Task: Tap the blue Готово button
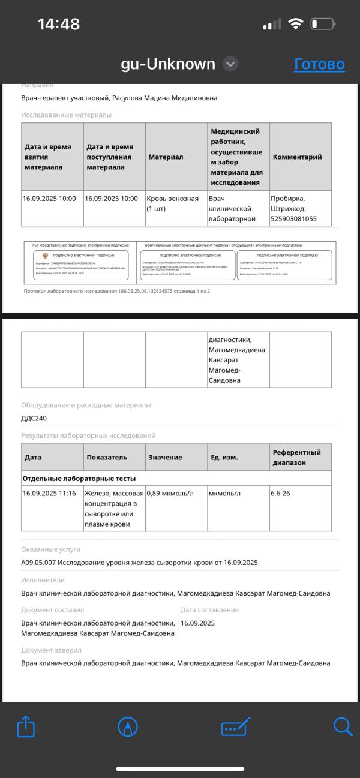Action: click(319, 64)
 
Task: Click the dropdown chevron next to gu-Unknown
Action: click(230, 64)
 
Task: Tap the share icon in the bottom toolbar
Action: click(26, 727)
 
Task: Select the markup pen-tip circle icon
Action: click(128, 727)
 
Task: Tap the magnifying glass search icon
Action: click(343, 726)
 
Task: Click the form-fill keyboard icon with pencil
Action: click(235, 727)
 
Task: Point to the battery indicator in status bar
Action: click(322, 25)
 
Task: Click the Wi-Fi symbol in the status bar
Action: click(295, 24)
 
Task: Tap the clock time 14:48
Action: click(59, 24)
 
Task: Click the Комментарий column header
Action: click(297, 157)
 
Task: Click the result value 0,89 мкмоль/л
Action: click(170, 494)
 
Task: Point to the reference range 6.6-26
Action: click(283, 494)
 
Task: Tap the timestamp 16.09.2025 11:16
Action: click(49, 494)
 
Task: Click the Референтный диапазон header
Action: click(296, 457)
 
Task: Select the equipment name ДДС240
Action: click(34, 419)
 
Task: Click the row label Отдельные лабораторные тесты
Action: click(79, 479)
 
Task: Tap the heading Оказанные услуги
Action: click(50, 549)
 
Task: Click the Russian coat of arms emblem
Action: click(46, 255)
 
